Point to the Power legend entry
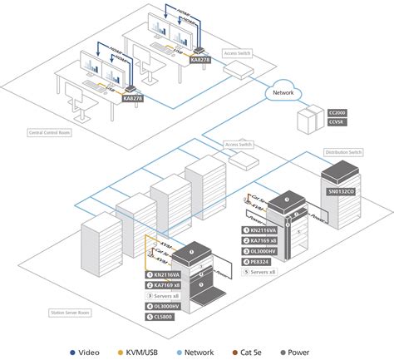[x=328, y=352]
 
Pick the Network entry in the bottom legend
[x=215, y=352]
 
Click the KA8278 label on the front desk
[x=131, y=97]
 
